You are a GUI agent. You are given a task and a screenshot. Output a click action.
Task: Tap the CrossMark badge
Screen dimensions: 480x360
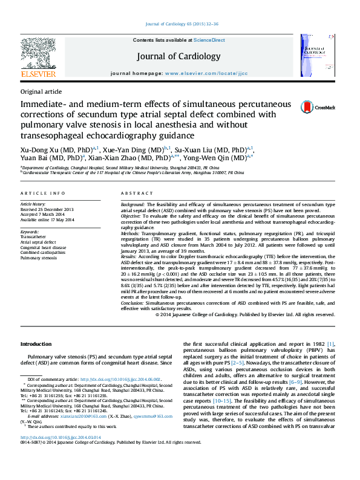coord(318,107)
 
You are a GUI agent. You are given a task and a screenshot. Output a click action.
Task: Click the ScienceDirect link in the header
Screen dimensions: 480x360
coord(209,40)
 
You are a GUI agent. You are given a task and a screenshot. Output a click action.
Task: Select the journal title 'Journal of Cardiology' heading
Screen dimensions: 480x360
coord(179,56)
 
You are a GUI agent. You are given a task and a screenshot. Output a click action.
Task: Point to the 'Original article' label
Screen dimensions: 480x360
coord(41,91)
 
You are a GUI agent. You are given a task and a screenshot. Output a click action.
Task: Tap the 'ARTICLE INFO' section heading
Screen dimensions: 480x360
coord(43,193)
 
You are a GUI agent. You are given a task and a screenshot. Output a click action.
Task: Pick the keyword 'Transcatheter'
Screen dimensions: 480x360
coord(34,237)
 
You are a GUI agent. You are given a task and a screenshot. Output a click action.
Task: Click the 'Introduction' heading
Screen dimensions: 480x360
coord(36,344)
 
